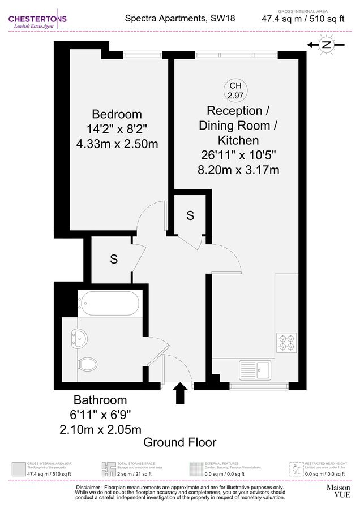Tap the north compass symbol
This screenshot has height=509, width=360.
pos(326,45)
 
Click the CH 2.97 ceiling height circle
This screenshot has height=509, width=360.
pos(234,90)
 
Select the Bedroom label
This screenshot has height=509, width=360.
pos(117,114)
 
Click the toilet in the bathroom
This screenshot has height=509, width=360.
pos(87,363)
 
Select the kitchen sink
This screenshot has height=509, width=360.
pos(257,369)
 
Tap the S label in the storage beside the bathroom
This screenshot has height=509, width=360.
pos(114,260)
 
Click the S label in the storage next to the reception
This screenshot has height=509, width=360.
pos(190,215)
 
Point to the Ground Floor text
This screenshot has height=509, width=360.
pos(179,442)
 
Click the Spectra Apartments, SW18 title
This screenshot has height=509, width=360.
pos(179,18)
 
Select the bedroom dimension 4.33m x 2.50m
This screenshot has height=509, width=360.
pos(117,144)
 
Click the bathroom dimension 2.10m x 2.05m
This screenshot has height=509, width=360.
pos(101,429)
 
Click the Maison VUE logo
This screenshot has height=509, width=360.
pos(338,490)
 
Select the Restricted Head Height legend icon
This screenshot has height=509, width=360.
pos(294,469)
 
